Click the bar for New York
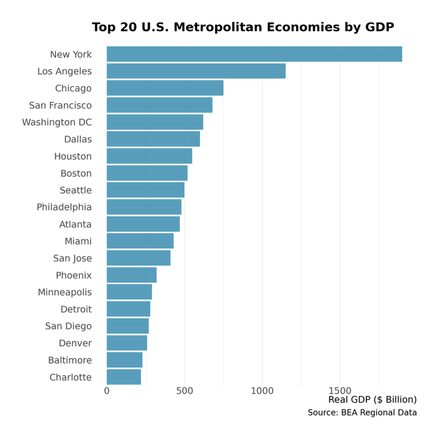(254, 55)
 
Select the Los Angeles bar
(196, 71)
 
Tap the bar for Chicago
(165, 88)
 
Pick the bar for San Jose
(139, 258)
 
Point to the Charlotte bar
(124, 377)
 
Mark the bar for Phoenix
(132, 275)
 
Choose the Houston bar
(149, 156)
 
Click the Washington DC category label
(56, 122)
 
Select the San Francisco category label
(60, 105)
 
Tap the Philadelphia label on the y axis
(64, 207)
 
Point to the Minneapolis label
(65, 292)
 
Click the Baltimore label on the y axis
(70, 360)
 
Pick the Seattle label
(75, 190)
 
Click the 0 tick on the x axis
(107, 391)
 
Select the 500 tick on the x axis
(184, 391)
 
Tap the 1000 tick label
(262, 391)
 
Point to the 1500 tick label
(340, 391)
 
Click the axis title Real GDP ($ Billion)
(372, 399)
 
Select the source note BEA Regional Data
(362, 413)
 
